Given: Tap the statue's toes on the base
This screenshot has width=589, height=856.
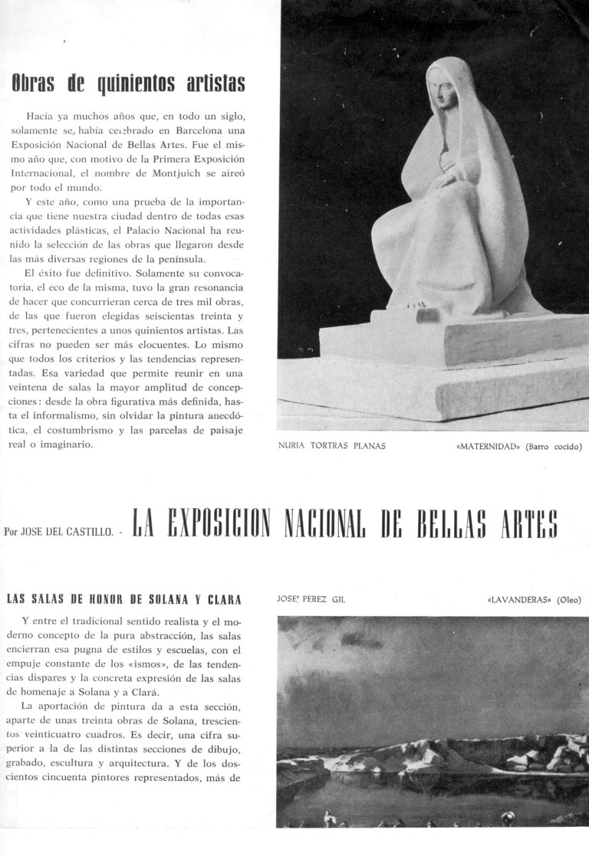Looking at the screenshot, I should coord(418,304).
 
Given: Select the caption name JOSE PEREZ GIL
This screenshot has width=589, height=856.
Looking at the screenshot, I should coord(311,600).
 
